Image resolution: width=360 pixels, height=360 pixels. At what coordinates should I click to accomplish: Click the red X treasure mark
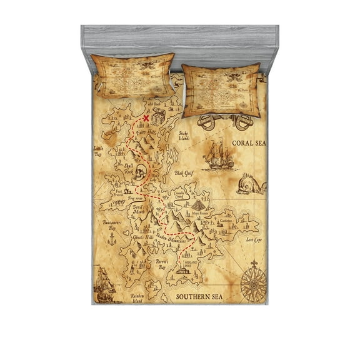146,117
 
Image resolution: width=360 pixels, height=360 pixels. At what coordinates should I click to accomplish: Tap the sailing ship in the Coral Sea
219,154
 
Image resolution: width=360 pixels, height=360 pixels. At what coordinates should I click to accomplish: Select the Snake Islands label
185,136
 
